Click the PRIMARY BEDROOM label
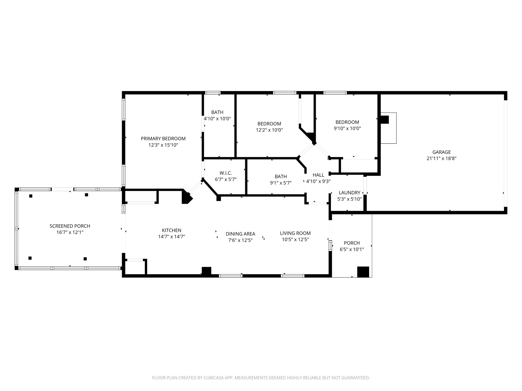163,139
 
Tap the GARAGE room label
441,152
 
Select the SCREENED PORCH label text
70,226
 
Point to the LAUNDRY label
349,193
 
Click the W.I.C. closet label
226,173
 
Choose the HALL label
318,175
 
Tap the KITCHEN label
172,230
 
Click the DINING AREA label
240,234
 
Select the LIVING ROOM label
295,233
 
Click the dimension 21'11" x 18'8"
441,158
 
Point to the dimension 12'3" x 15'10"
163,145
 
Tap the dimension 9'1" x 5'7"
281,183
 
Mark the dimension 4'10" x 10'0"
217,118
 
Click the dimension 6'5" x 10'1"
352,249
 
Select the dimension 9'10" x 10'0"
347,129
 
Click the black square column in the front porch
363,272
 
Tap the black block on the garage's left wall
385,120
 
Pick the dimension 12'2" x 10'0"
269,130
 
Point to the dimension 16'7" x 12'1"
70,232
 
